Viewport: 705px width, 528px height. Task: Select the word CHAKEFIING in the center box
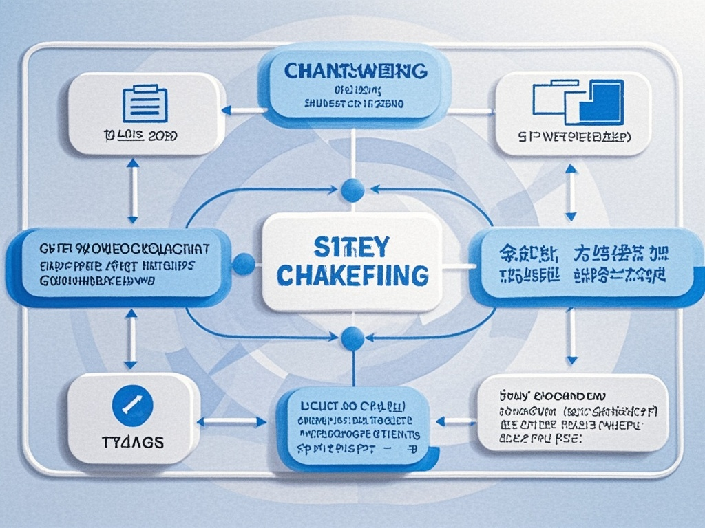click(x=352, y=274)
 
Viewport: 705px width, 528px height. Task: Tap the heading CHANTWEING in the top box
click(x=355, y=71)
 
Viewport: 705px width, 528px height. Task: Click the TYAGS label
click(x=132, y=442)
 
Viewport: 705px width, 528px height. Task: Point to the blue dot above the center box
click(x=352, y=190)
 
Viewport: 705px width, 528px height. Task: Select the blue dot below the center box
click(x=352, y=337)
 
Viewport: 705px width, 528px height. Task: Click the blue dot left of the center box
click(x=244, y=263)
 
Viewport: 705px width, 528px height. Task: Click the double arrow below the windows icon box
click(x=571, y=192)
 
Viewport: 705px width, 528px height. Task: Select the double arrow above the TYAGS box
click(x=131, y=339)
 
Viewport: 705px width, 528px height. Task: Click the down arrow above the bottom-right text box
click(x=571, y=337)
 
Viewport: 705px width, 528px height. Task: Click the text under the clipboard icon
click(x=144, y=136)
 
